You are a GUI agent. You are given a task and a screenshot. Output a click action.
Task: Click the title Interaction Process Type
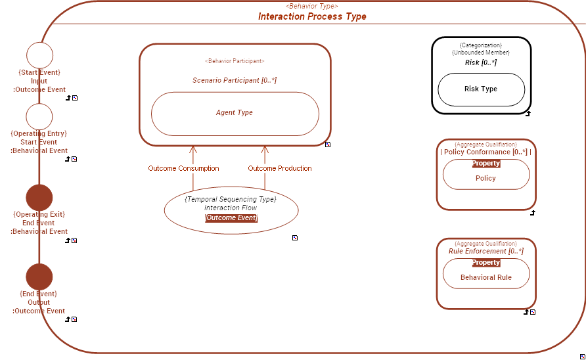(312, 16)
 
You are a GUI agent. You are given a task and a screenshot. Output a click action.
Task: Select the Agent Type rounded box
(235, 113)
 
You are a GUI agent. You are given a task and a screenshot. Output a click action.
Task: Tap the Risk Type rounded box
(481, 89)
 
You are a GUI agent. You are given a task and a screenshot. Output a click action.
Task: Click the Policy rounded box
(485, 178)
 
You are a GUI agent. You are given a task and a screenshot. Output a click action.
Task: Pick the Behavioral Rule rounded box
(485, 277)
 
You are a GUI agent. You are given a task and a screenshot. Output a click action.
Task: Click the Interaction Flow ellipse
(231, 208)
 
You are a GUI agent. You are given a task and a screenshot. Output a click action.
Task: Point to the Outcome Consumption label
(183, 169)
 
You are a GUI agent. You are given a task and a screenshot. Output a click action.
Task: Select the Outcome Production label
(280, 169)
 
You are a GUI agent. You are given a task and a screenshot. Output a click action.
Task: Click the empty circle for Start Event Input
(39, 55)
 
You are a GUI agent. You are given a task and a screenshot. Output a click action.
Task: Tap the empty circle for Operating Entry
(39, 116)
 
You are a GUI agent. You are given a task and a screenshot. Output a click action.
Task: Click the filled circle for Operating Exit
(39, 198)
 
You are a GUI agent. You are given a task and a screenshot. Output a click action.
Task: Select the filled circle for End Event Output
(39, 277)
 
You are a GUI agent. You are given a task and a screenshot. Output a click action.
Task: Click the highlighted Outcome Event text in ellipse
(231, 218)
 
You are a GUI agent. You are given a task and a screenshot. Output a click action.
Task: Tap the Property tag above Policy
(485, 164)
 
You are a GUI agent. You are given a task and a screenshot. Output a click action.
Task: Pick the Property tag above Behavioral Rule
(485, 263)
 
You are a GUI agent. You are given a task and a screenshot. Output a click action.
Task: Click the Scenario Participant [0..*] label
(235, 80)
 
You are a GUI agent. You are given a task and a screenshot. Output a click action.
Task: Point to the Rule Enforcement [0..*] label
(485, 251)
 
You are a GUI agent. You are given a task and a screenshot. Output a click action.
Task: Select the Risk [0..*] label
(481, 62)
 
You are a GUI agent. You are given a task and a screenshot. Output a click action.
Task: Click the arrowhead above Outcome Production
(265, 150)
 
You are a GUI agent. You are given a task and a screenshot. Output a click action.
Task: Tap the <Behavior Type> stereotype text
(312, 6)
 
